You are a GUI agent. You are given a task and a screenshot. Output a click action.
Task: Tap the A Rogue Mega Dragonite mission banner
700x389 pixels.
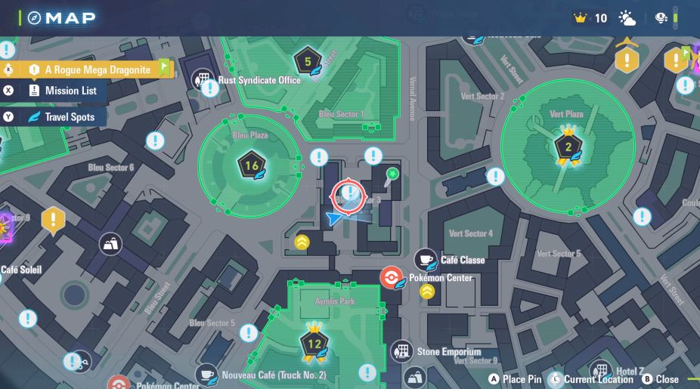pos(97,69)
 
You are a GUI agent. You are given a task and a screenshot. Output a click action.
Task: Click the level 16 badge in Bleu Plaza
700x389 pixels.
pos(252,165)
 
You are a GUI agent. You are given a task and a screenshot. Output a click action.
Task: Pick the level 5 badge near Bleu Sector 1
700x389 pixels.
pos(308,61)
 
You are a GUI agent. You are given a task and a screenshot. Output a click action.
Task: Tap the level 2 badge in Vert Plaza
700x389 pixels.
pos(568,147)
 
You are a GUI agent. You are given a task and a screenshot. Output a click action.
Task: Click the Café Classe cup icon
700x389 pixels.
pos(426,260)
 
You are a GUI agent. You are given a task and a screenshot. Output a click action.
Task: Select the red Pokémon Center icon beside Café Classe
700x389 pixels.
pos(391,278)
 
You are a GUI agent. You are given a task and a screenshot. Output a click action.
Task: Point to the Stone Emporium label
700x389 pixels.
pos(448,352)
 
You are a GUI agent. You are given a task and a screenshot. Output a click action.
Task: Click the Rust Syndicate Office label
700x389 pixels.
pos(259,80)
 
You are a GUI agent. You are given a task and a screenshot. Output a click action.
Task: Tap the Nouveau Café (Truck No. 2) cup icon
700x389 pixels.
pos(206,375)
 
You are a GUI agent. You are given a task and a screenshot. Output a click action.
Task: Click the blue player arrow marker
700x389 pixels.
pos(336,218)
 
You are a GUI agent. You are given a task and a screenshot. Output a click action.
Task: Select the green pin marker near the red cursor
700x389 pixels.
pos(392,175)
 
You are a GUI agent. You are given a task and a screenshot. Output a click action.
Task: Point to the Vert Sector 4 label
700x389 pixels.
pos(471,233)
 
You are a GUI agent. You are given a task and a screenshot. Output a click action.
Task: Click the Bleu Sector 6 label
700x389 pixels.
pos(111,167)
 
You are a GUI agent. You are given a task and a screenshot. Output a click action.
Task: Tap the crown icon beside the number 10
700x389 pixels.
pos(581,18)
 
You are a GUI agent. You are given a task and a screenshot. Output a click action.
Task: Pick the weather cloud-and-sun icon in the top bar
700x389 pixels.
pos(627,18)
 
